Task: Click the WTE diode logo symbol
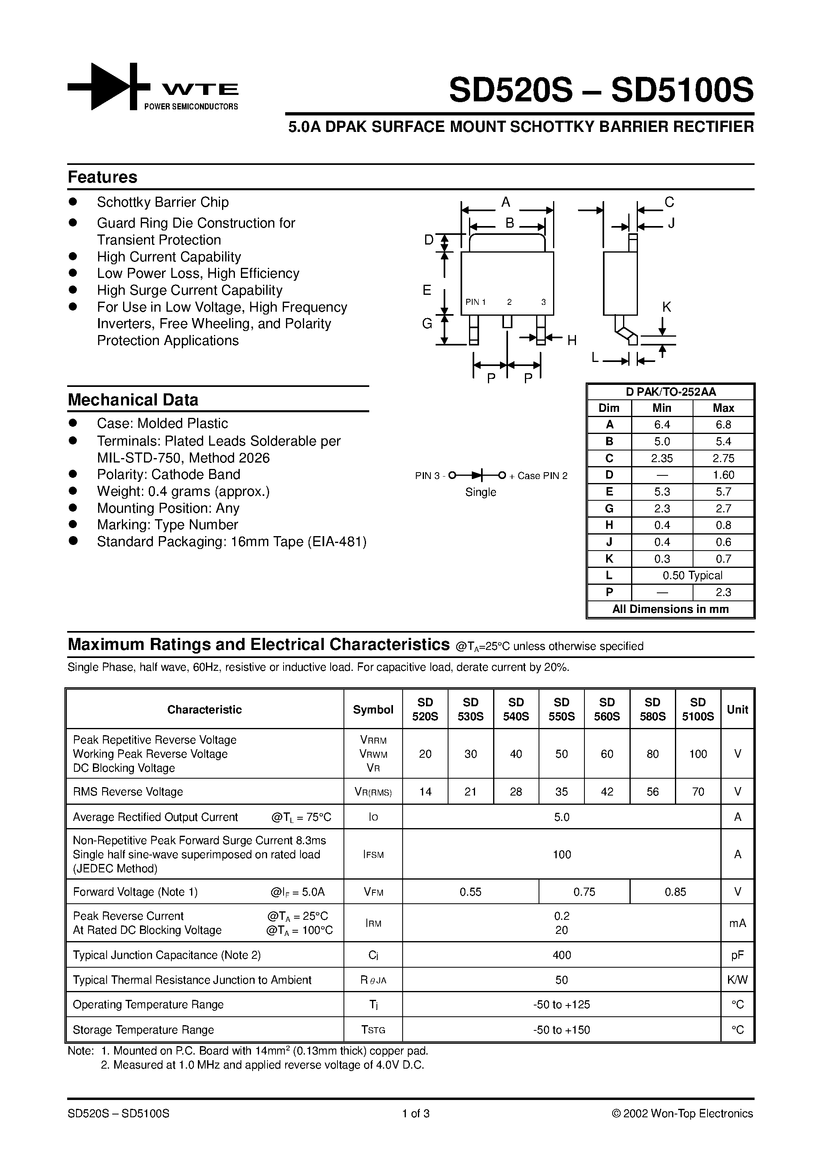click(109, 86)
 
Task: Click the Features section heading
click(103, 177)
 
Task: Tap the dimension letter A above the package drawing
click(506, 203)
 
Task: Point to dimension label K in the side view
click(666, 307)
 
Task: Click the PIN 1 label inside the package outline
click(475, 302)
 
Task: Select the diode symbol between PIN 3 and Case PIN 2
click(477, 475)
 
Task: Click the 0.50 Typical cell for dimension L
click(692, 576)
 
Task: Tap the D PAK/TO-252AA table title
click(670, 392)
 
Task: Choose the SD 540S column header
click(516, 709)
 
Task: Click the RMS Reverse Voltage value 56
click(652, 792)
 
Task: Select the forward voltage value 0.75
click(584, 892)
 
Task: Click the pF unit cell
click(737, 955)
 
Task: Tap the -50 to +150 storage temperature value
click(562, 1030)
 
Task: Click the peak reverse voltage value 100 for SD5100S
click(698, 754)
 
